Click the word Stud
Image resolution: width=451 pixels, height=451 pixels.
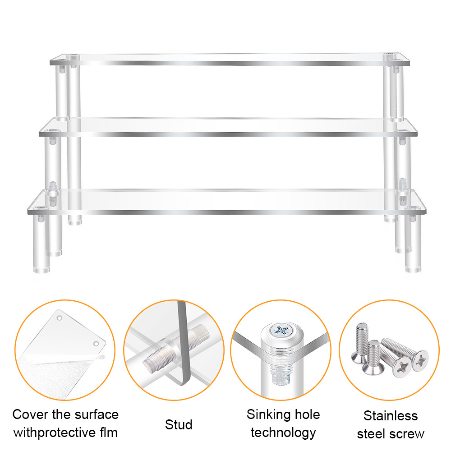click(x=179, y=424)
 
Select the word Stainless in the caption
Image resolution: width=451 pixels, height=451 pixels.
click(x=391, y=415)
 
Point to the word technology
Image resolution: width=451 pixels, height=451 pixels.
click(x=283, y=433)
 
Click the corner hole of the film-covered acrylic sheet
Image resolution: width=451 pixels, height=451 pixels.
click(x=96, y=344)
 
